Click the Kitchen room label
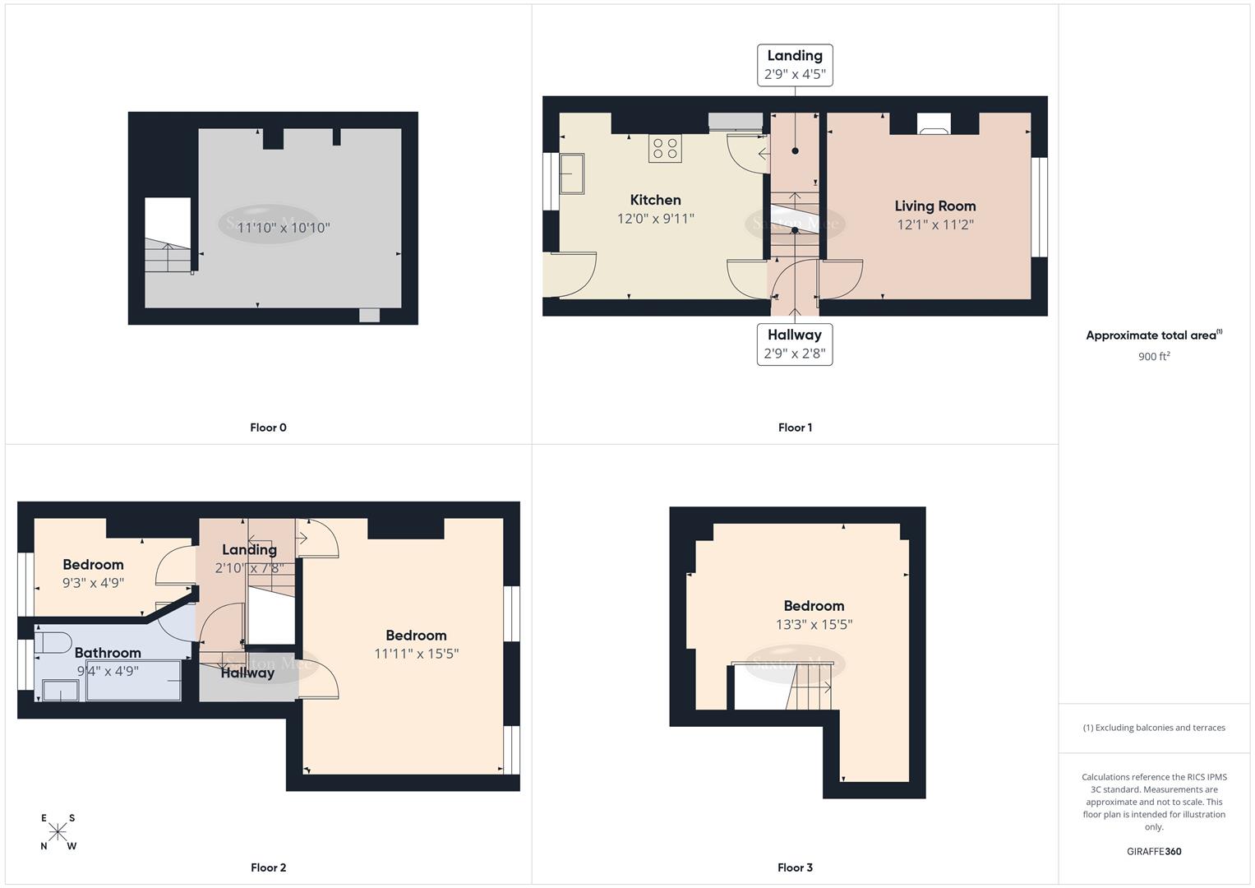[x=655, y=200]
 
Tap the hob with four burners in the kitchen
[x=665, y=149]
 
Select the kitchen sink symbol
[x=572, y=173]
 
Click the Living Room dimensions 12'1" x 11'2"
[x=934, y=224]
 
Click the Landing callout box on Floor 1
[x=795, y=65]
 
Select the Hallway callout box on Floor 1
[x=795, y=345]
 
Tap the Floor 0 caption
[x=268, y=428]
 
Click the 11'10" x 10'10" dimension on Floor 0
[x=284, y=228]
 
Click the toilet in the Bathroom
[x=53, y=641]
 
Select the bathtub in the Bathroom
[x=133, y=681]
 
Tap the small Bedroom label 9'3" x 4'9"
[x=93, y=574]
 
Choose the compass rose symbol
[x=58, y=832]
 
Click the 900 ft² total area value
[x=1154, y=357]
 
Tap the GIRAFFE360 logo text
[x=1154, y=852]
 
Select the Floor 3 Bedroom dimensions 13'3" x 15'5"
[x=814, y=625]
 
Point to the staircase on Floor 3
[x=810, y=687]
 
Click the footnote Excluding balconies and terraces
[x=1154, y=728]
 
